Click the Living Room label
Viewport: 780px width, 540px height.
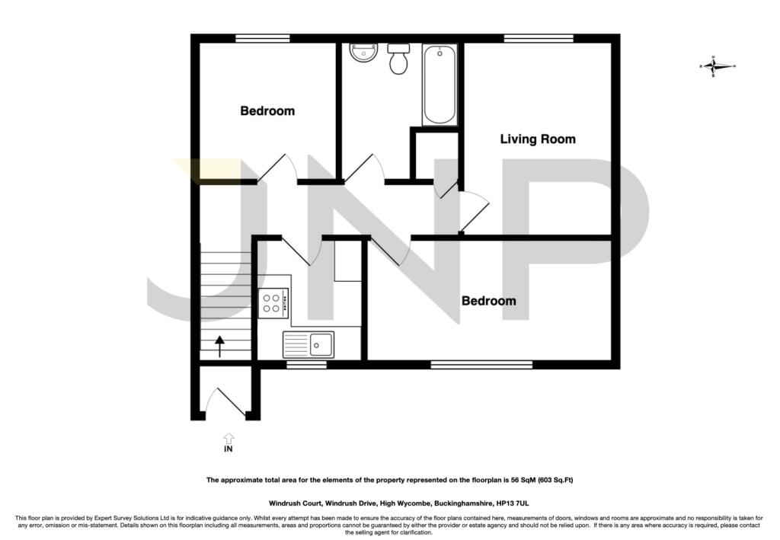[538, 139]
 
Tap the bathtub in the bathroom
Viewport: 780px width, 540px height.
[440, 84]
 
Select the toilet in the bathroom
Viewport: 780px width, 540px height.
[398, 59]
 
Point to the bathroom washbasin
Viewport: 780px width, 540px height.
[363, 53]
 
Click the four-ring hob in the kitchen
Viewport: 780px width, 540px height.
[273, 303]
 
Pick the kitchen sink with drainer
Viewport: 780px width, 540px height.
[308, 344]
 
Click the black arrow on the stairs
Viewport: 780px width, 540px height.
[219, 347]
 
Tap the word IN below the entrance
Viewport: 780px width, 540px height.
[229, 449]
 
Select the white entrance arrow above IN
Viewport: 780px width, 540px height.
[229, 438]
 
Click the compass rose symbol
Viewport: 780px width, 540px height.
[717, 66]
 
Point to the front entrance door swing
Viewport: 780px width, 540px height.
[225, 401]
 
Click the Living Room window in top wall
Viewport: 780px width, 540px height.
[539, 38]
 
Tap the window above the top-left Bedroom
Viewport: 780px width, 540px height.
[263, 38]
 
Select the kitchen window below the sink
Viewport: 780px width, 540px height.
[306, 365]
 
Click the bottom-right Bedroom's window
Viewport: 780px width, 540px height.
[481, 365]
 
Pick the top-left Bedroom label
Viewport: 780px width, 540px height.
[267, 111]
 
